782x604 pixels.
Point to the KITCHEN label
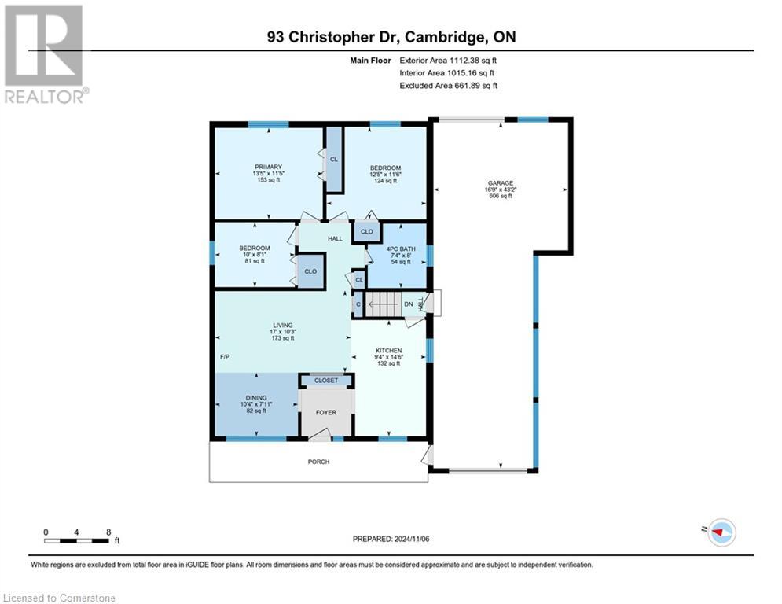388,350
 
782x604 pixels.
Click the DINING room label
255,398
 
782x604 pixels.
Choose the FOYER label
325,410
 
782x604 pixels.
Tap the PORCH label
318,462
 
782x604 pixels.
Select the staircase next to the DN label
383,304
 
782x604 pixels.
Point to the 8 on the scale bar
108,532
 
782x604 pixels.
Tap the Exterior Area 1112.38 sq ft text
449,60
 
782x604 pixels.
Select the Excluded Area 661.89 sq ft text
449,86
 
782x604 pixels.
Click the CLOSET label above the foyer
326,381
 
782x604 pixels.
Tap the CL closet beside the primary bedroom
333,160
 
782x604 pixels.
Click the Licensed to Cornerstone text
59,598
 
